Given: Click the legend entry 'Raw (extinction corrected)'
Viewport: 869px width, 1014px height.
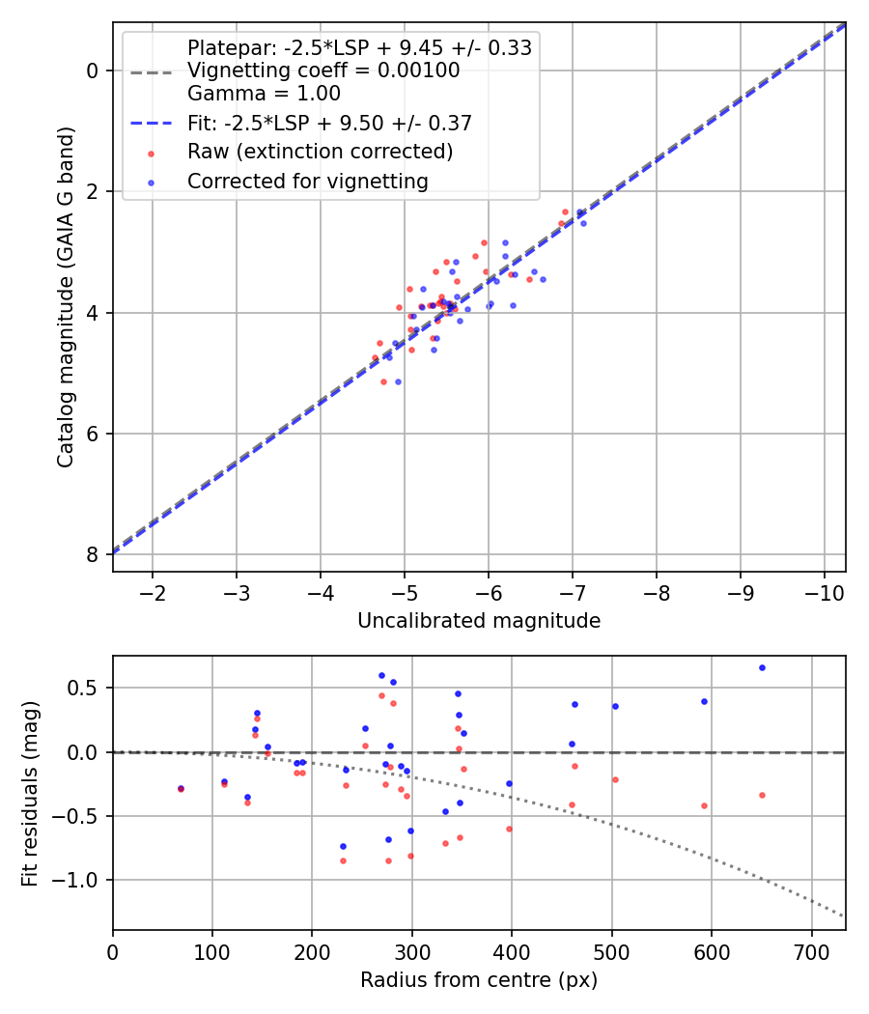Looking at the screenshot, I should tap(320, 152).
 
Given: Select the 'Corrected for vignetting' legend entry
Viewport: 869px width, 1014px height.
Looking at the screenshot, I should tap(307, 181).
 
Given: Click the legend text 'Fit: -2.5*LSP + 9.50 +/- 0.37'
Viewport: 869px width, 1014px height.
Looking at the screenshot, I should tap(329, 124).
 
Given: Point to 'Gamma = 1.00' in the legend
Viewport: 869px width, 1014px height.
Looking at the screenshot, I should tap(264, 94).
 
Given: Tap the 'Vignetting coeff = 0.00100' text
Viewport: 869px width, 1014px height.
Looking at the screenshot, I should tap(323, 70).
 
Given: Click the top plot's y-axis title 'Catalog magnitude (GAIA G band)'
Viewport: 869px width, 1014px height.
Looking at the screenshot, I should tap(65, 297).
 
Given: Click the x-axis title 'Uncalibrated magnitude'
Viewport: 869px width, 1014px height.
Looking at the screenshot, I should tap(479, 621).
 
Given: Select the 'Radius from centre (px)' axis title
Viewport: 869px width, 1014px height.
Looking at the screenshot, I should tap(479, 980).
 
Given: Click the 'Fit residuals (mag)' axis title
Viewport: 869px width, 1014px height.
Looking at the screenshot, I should tap(31, 792).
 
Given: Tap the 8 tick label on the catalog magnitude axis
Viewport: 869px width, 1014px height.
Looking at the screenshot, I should tap(93, 554).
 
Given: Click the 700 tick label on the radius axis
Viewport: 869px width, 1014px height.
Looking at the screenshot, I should tap(811, 950).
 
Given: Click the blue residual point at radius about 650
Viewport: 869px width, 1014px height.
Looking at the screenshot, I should tap(762, 667).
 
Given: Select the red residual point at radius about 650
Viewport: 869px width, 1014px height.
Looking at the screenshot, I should tap(762, 795).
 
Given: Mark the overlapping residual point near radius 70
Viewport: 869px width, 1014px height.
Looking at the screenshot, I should tap(181, 788).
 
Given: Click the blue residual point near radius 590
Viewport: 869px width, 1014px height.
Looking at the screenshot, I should tap(704, 701).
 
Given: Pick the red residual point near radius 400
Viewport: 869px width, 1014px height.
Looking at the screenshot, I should tap(509, 829).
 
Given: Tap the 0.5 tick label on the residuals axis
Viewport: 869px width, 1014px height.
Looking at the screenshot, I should tap(85, 688).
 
